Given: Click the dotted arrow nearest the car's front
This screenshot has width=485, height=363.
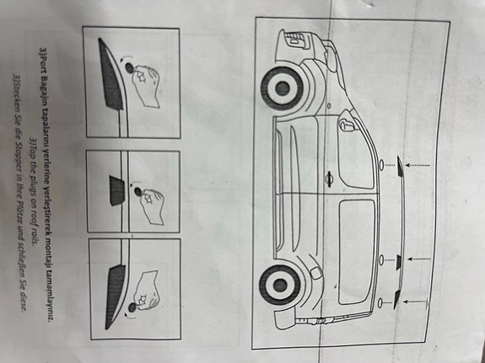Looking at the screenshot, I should [x=416, y=164].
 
